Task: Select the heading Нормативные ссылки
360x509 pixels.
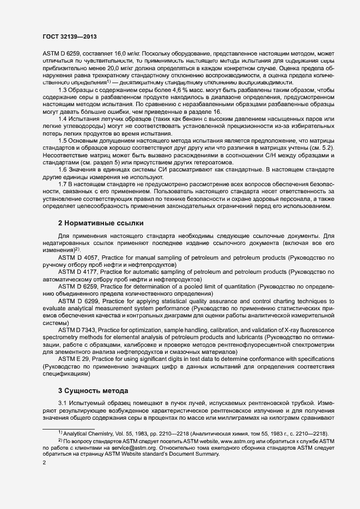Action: pos(100,223)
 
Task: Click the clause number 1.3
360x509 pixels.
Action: pos(63,90)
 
